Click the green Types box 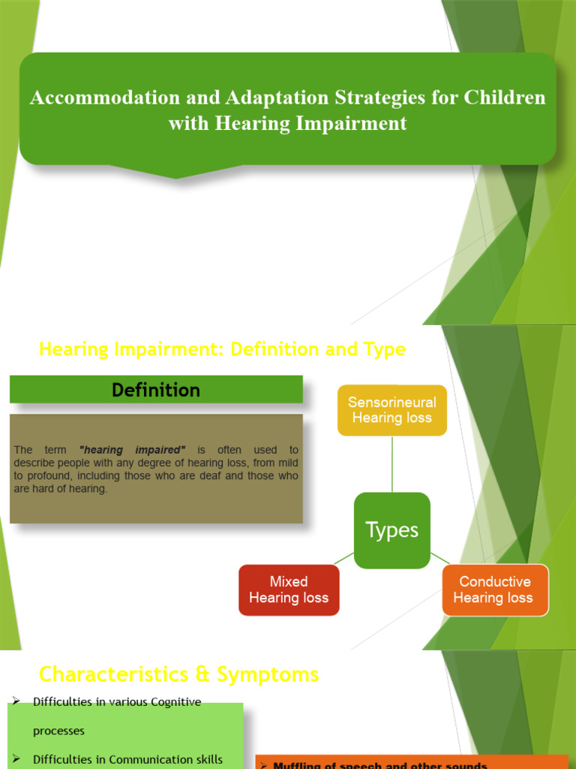click(391, 530)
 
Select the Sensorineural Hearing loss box click(391, 410)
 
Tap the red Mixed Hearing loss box click(289, 590)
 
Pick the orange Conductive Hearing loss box click(494, 590)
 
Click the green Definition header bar click(156, 390)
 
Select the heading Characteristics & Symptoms click(178, 674)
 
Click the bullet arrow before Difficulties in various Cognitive click(15, 701)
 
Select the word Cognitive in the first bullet click(173, 702)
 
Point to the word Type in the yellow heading click(385, 349)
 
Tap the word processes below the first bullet click(58, 731)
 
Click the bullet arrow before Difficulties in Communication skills click(15, 758)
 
